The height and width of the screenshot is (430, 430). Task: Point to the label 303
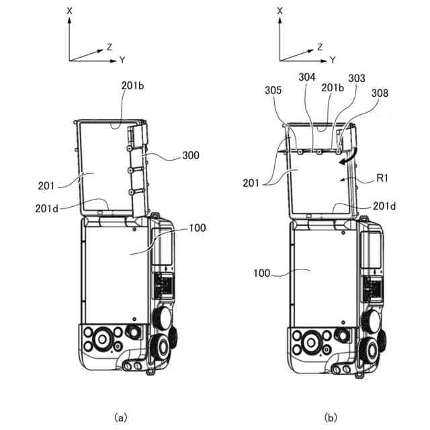[x=357, y=79]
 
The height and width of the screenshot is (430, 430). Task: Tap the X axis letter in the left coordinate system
[x=69, y=11]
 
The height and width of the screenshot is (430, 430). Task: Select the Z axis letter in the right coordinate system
[x=320, y=46]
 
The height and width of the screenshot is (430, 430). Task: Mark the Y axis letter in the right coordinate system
[x=333, y=60]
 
